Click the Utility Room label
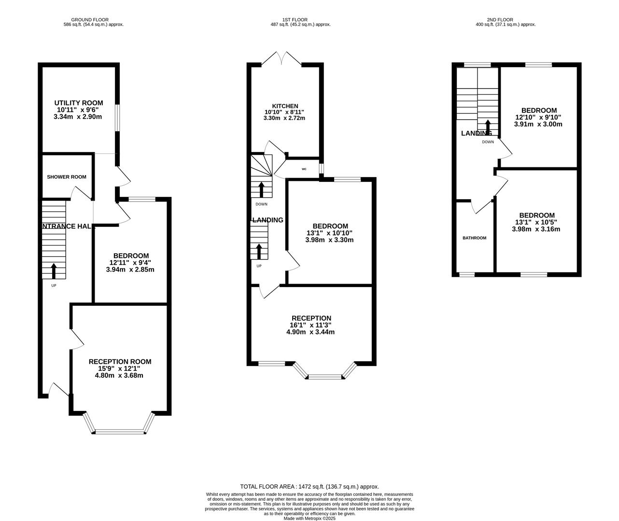[x=78, y=103]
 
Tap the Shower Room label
[x=67, y=177]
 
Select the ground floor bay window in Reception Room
[x=119, y=431]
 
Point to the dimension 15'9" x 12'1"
[x=119, y=369]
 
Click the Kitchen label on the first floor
[x=285, y=106]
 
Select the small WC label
[x=304, y=169]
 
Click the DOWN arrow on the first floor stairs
[x=261, y=190]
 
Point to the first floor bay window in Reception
[x=326, y=376]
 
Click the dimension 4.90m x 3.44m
[x=310, y=332]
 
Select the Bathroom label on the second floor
[x=474, y=238]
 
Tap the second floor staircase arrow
[x=488, y=127]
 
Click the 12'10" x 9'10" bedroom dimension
[x=538, y=117]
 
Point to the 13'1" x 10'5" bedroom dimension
[x=536, y=222]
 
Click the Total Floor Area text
[x=309, y=487]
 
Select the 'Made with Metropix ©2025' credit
[x=309, y=519]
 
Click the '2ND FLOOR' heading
[x=506, y=20]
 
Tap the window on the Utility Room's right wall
[x=117, y=117]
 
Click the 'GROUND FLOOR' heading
[x=94, y=20]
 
